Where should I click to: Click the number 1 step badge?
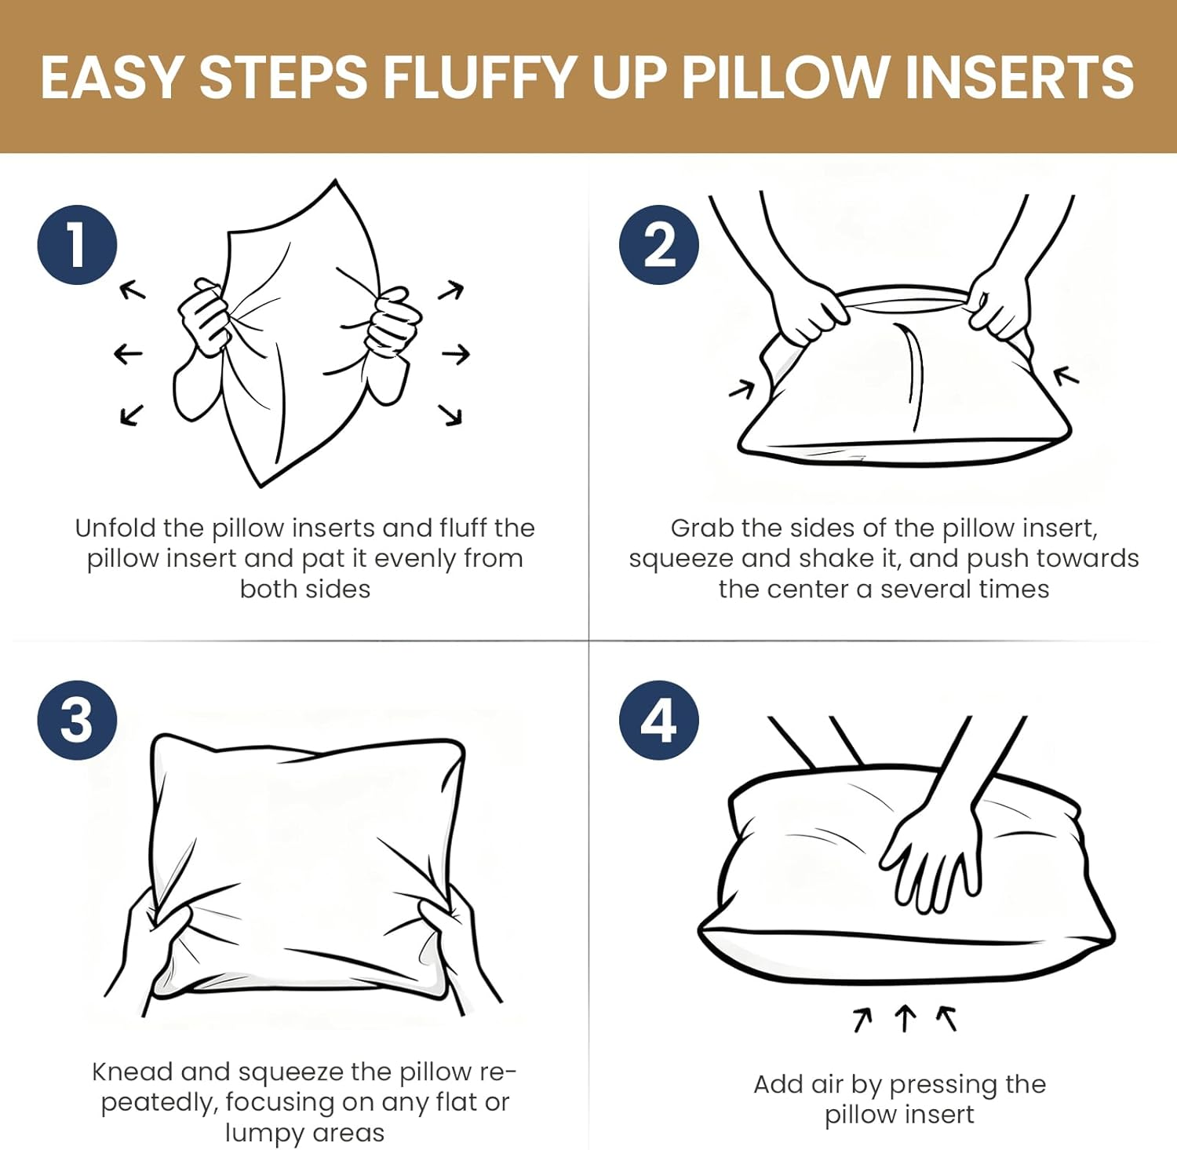click(x=77, y=245)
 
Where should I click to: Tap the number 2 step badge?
click(x=658, y=245)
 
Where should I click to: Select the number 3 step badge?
click(x=77, y=720)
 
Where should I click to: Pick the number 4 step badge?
click(x=658, y=720)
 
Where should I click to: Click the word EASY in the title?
click(x=111, y=78)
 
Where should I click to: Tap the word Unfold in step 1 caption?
click(x=115, y=528)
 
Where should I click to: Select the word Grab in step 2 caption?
click(x=701, y=528)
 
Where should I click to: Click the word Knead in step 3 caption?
click(x=132, y=1072)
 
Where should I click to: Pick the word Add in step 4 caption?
click(x=778, y=1085)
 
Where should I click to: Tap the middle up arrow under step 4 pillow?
click(x=905, y=1018)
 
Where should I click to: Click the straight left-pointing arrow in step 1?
click(x=128, y=354)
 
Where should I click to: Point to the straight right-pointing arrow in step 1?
click(x=456, y=355)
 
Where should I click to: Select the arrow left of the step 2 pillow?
click(x=742, y=388)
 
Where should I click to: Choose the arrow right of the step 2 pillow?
click(x=1066, y=376)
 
